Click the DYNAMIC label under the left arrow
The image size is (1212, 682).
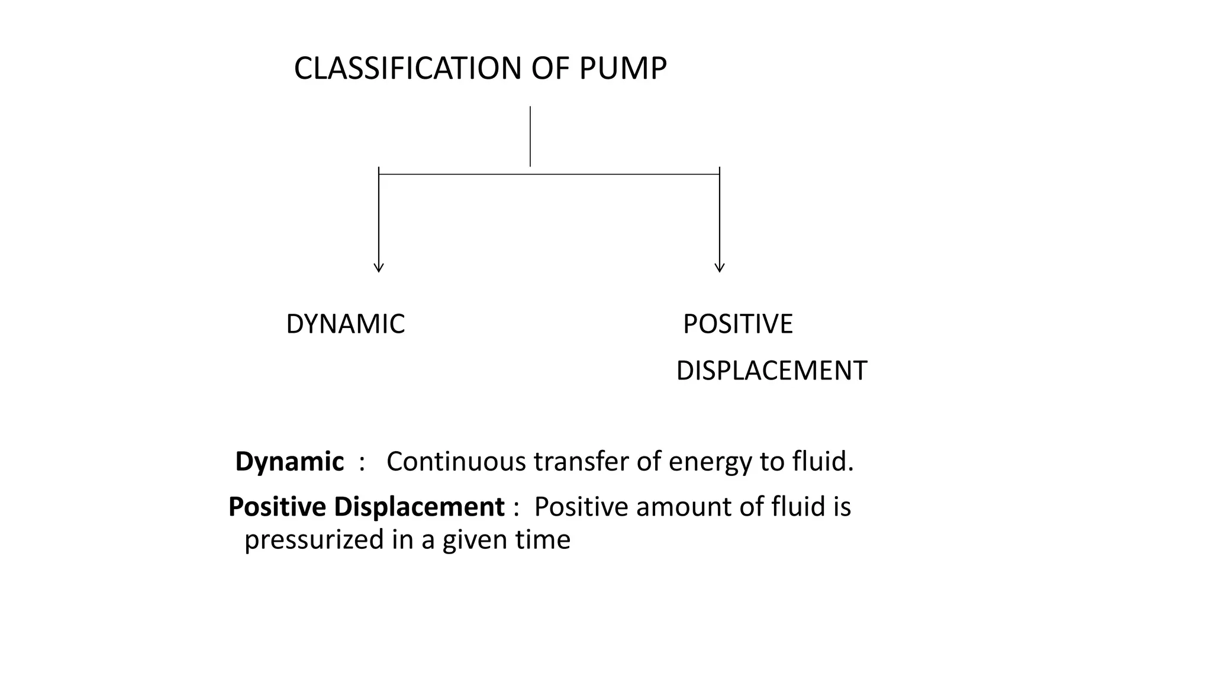(x=345, y=324)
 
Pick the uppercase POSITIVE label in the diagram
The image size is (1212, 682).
(x=737, y=324)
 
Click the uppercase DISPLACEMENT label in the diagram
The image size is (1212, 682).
(x=771, y=371)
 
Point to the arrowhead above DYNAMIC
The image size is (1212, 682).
(x=379, y=268)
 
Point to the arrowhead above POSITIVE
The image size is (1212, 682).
(x=720, y=268)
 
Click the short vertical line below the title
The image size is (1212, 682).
(x=530, y=136)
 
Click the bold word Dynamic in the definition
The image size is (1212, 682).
(x=289, y=462)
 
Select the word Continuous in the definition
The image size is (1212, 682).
(x=456, y=462)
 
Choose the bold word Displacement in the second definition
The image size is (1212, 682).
(x=418, y=507)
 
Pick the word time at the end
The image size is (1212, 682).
(x=548, y=540)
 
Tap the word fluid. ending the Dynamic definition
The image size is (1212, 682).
(x=823, y=462)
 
